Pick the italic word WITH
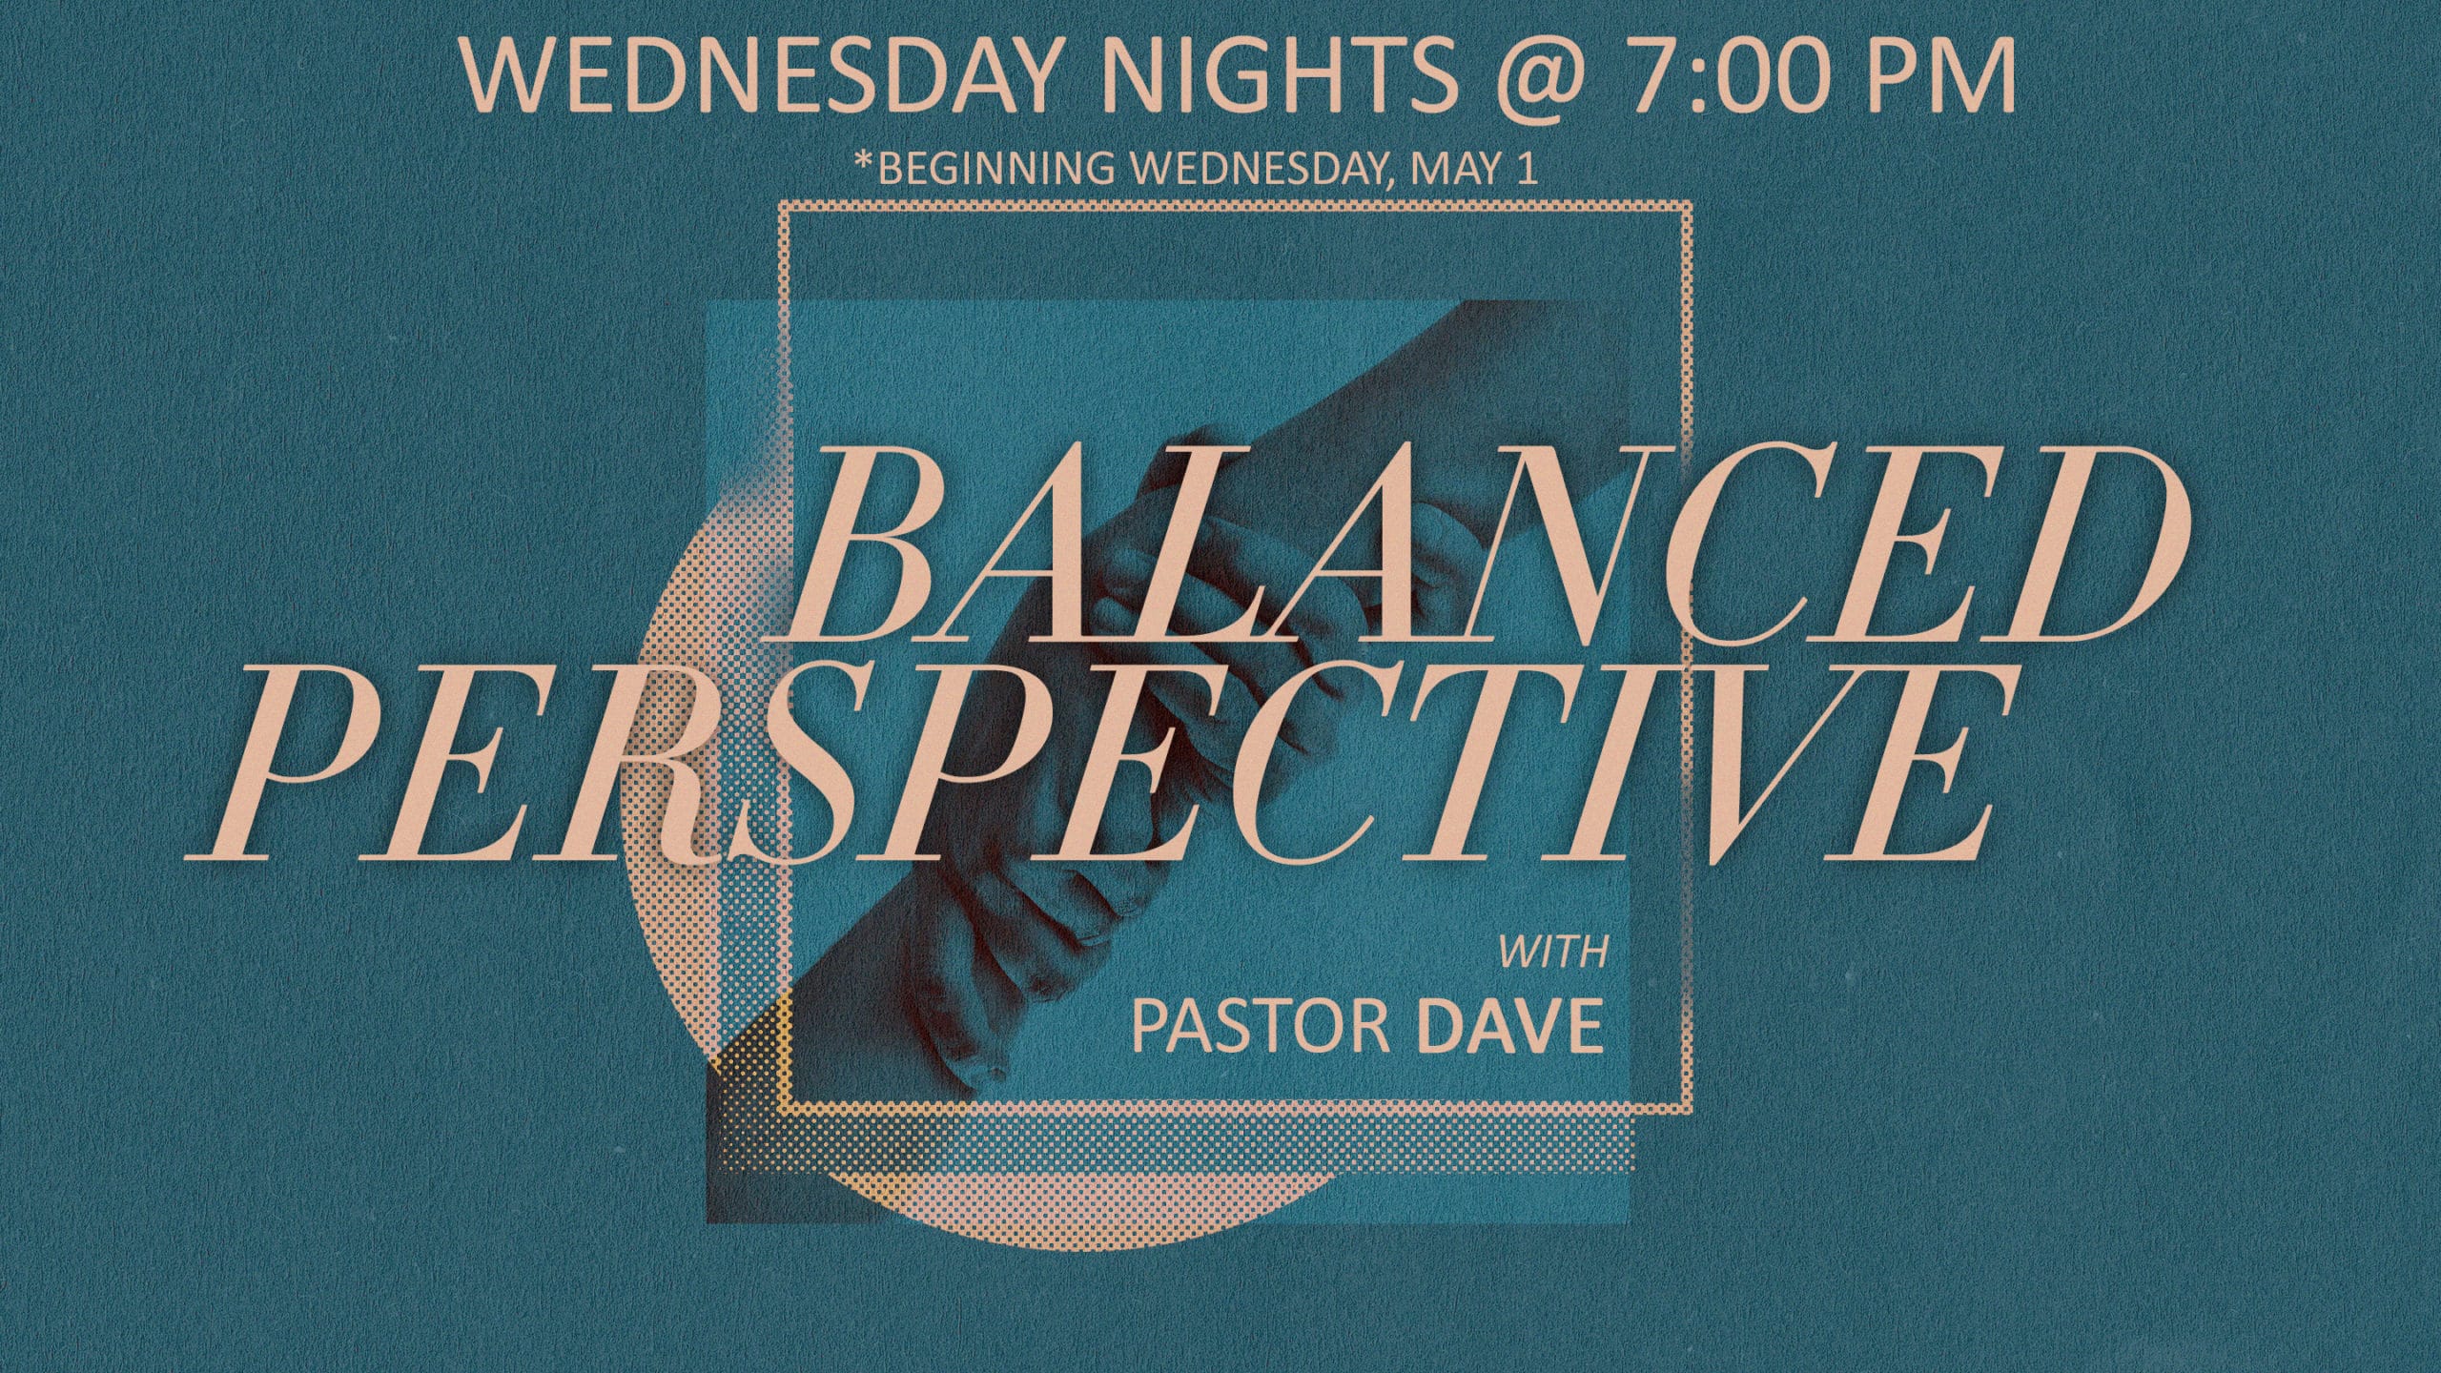[1554, 953]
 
